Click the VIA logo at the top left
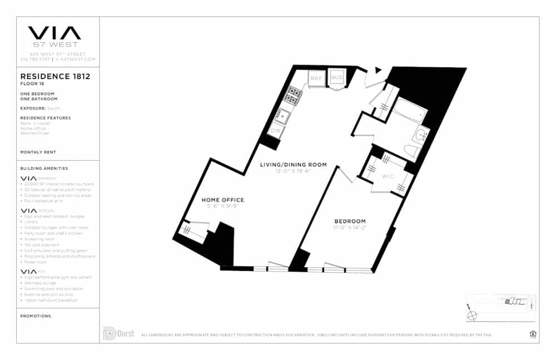54,33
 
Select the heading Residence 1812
55,76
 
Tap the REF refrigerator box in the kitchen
316,79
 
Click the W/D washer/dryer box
337,78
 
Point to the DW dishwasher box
275,131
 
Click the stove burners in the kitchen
292,96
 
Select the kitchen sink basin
282,116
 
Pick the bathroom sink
421,134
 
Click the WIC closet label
388,176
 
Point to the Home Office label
222,200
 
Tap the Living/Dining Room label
294,165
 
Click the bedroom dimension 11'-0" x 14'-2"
350,228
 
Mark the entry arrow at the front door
379,70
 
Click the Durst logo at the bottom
118,333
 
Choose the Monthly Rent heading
38,152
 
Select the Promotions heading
35,316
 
